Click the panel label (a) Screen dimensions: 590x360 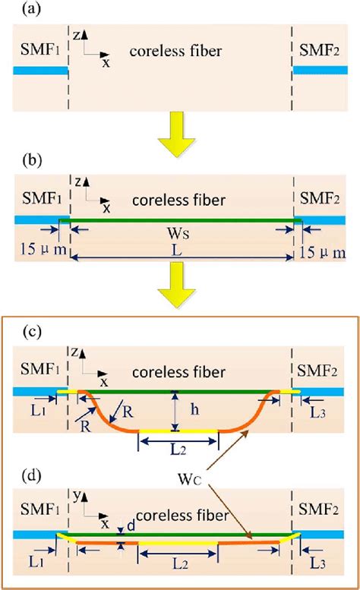15,10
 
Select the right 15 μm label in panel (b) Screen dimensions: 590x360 327,251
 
